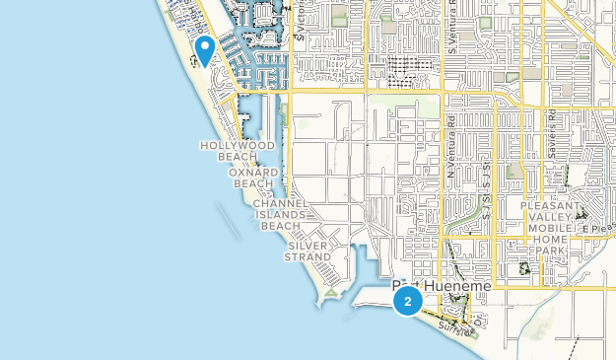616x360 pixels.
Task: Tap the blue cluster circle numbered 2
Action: [407, 301]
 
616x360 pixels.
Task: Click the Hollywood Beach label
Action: [238, 151]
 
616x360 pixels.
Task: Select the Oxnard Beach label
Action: [251, 178]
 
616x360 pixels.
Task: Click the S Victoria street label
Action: [308, 25]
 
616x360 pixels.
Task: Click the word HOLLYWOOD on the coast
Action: [238, 145]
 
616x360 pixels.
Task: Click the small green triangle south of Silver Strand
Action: [332, 292]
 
